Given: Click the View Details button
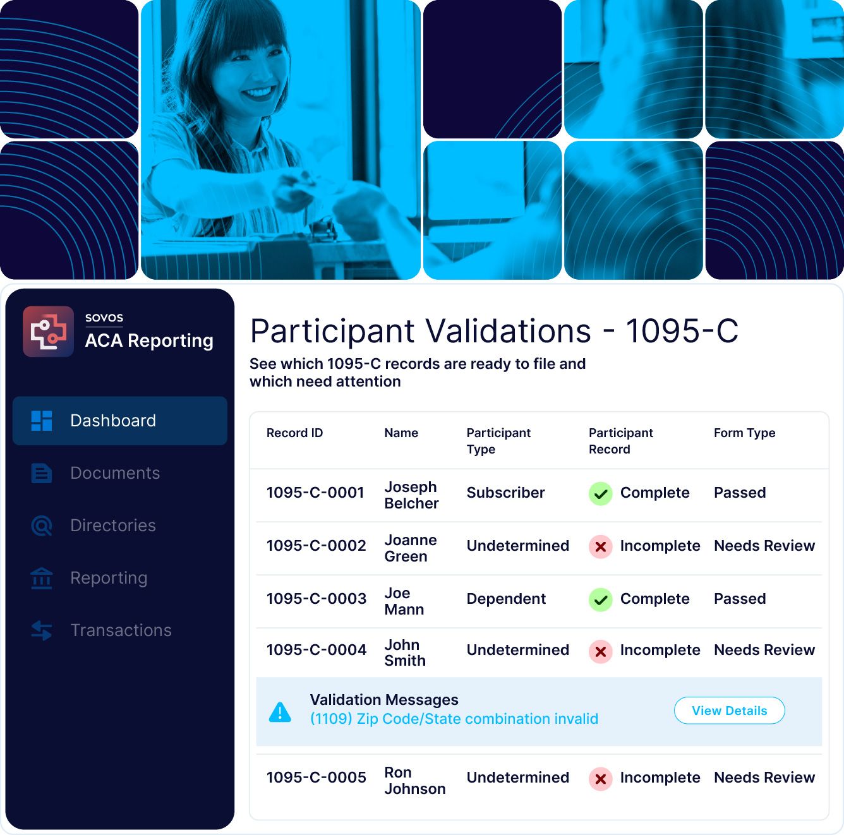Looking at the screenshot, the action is [x=729, y=711].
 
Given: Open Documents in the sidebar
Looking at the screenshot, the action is [x=115, y=473].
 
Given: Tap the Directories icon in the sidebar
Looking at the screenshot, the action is [x=42, y=526].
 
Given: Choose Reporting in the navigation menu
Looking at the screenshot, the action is [x=109, y=578].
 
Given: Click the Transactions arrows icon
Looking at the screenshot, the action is [x=42, y=630].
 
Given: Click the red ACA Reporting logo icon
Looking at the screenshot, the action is [x=48, y=331].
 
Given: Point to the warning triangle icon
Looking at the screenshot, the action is [x=280, y=712].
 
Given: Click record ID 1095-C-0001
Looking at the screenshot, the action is [x=315, y=493].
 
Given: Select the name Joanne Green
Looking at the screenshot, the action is [x=411, y=548].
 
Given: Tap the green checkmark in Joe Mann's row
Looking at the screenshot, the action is [x=601, y=599].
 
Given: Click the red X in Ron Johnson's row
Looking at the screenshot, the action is [x=601, y=779].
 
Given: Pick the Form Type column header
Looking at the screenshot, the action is [x=745, y=433].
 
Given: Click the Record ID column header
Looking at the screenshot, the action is [x=294, y=433].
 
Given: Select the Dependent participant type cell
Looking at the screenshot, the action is [x=506, y=599].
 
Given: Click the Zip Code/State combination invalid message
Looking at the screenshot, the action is [x=454, y=719].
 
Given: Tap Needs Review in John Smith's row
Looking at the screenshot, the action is [x=764, y=650].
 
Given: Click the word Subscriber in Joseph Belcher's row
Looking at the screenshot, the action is [x=505, y=493].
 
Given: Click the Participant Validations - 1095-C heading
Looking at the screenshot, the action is [x=494, y=330].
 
